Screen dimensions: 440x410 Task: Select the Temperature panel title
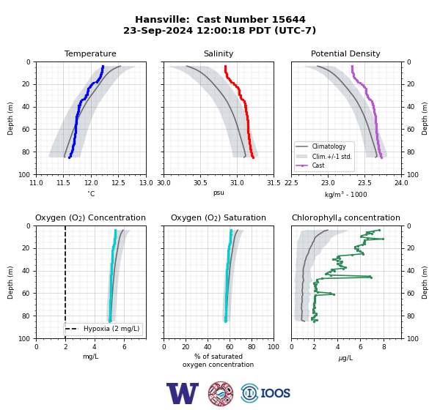click(90, 53)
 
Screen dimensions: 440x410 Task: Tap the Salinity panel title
click(219, 53)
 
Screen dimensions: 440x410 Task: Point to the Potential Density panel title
click(345, 53)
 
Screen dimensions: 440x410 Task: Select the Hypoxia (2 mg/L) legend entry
click(103, 329)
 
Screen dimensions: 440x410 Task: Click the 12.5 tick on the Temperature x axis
click(118, 183)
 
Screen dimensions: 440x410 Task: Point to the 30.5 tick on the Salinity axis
click(200, 183)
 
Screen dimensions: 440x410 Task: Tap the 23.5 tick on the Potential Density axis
click(364, 183)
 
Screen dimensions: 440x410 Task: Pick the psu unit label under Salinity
click(219, 193)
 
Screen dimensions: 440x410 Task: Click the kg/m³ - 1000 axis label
click(345, 195)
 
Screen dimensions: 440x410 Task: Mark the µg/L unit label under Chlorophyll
click(345, 358)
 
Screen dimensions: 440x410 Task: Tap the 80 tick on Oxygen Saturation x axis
click(252, 347)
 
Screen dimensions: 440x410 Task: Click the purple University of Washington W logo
click(183, 393)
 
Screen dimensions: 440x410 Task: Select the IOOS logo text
click(275, 393)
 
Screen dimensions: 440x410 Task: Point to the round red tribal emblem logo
click(221, 393)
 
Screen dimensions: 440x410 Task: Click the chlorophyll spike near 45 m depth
click(371, 277)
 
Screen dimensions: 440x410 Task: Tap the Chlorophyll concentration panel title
click(345, 217)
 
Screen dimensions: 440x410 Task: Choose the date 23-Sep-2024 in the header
click(158, 30)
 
